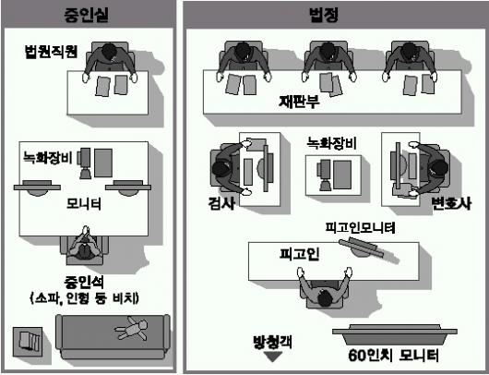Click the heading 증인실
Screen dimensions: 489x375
pyautogui.click(x=87, y=15)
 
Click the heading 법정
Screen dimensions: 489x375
pyautogui.click(x=324, y=15)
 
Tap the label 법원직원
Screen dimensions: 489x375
pyautogui.click(x=51, y=52)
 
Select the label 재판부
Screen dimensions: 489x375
pyautogui.click(x=299, y=102)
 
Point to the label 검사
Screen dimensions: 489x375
pyautogui.click(x=221, y=203)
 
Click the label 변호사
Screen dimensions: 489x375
pyautogui.click(x=451, y=203)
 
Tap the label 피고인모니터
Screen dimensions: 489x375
pyautogui.click(x=360, y=227)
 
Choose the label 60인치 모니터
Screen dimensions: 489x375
pyautogui.click(x=393, y=355)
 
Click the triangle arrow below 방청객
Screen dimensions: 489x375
pyautogui.click(x=273, y=357)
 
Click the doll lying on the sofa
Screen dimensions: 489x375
pyautogui.click(x=132, y=328)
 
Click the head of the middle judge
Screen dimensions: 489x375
pyautogui.click(x=328, y=50)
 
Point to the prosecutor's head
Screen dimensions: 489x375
pyautogui.click(x=221, y=169)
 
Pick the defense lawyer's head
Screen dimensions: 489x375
pyautogui.click(x=439, y=168)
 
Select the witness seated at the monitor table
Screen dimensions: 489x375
pyautogui.click(x=84, y=245)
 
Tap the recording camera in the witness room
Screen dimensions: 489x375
pyautogui.click(x=85, y=163)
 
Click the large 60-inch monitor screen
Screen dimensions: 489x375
pyautogui.click(x=395, y=334)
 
